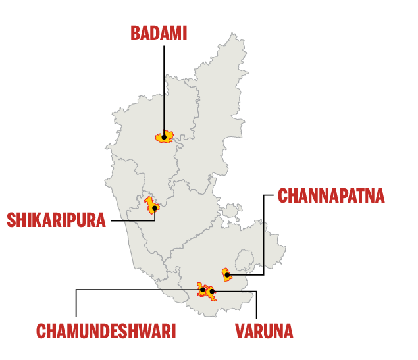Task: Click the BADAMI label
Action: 158,33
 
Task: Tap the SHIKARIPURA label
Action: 56,219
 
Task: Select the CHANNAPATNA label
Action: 330,196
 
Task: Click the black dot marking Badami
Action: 164,137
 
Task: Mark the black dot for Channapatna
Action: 226,275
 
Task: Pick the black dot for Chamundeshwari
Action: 202,290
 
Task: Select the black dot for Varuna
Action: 211,291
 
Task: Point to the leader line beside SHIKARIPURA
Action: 132,220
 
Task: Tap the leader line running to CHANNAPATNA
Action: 263,237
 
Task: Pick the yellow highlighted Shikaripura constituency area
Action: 150,203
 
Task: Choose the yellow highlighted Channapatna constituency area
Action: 225,271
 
